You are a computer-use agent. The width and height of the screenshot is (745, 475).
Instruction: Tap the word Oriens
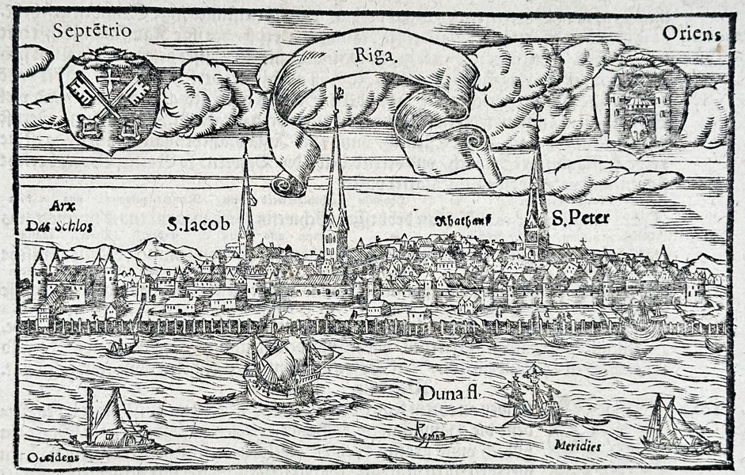[692, 35]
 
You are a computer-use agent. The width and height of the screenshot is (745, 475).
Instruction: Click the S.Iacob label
[198, 225]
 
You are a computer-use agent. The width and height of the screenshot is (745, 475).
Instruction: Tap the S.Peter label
[580, 218]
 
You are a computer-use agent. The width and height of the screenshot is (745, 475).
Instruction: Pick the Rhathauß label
[462, 221]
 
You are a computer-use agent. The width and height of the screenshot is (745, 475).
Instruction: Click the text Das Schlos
[59, 226]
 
